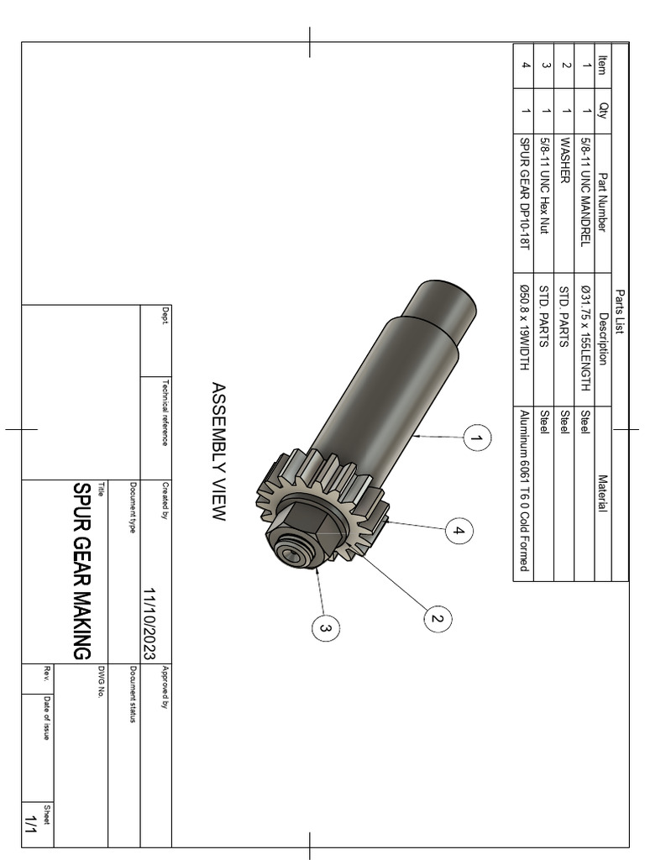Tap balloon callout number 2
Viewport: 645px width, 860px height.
(436, 620)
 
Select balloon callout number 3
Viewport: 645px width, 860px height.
(325, 627)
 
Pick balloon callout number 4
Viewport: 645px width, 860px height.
(459, 531)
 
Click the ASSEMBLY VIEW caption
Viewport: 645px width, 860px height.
(218, 452)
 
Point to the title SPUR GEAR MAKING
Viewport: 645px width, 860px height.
(81, 571)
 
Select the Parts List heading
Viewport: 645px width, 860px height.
(621, 311)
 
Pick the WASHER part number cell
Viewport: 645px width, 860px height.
(565, 160)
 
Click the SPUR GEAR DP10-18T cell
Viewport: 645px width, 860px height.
(524, 193)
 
